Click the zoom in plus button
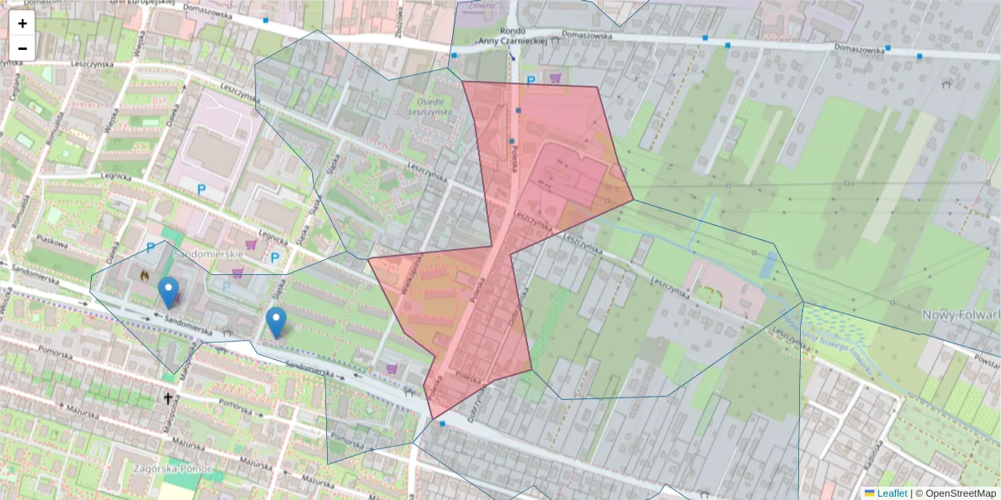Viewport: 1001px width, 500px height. click(x=23, y=23)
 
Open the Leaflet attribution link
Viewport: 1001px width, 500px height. click(x=892, y=493)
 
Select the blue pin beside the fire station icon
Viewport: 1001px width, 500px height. click(x=169, y=292)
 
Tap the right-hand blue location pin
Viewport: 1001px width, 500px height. click(x=276, y=322)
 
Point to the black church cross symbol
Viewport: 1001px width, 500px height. click(x=168, y=399)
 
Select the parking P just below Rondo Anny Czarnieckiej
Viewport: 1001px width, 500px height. click(x=531, y=81)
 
